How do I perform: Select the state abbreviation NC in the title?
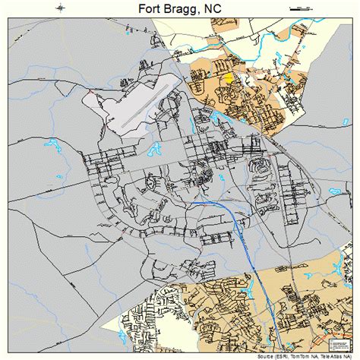click(219, 11)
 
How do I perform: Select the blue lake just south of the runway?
click(156, 149)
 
